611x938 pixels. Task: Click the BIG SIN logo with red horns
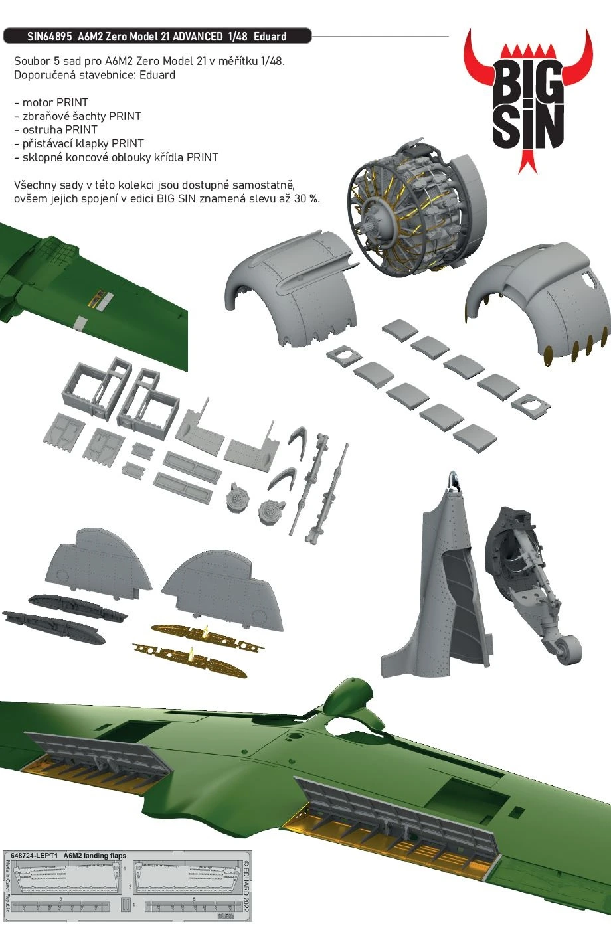(x=528, y=100)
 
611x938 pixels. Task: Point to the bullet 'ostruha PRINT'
(x=56, y=130)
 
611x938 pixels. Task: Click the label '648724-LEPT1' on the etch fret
(x=31, y=856)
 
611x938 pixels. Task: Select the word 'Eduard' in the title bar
(x=270, y=37)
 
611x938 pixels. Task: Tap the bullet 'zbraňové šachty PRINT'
(x=78, y=116)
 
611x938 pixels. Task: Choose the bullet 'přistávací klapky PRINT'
(x=79, y=143)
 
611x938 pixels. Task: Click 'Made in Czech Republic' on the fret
(x=8, y=890)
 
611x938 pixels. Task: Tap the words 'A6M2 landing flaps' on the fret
(x=94, y=856)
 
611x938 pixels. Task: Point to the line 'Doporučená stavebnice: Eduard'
(x=94, y=75)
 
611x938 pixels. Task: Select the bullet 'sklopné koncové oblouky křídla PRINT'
(x=116, y=157)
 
